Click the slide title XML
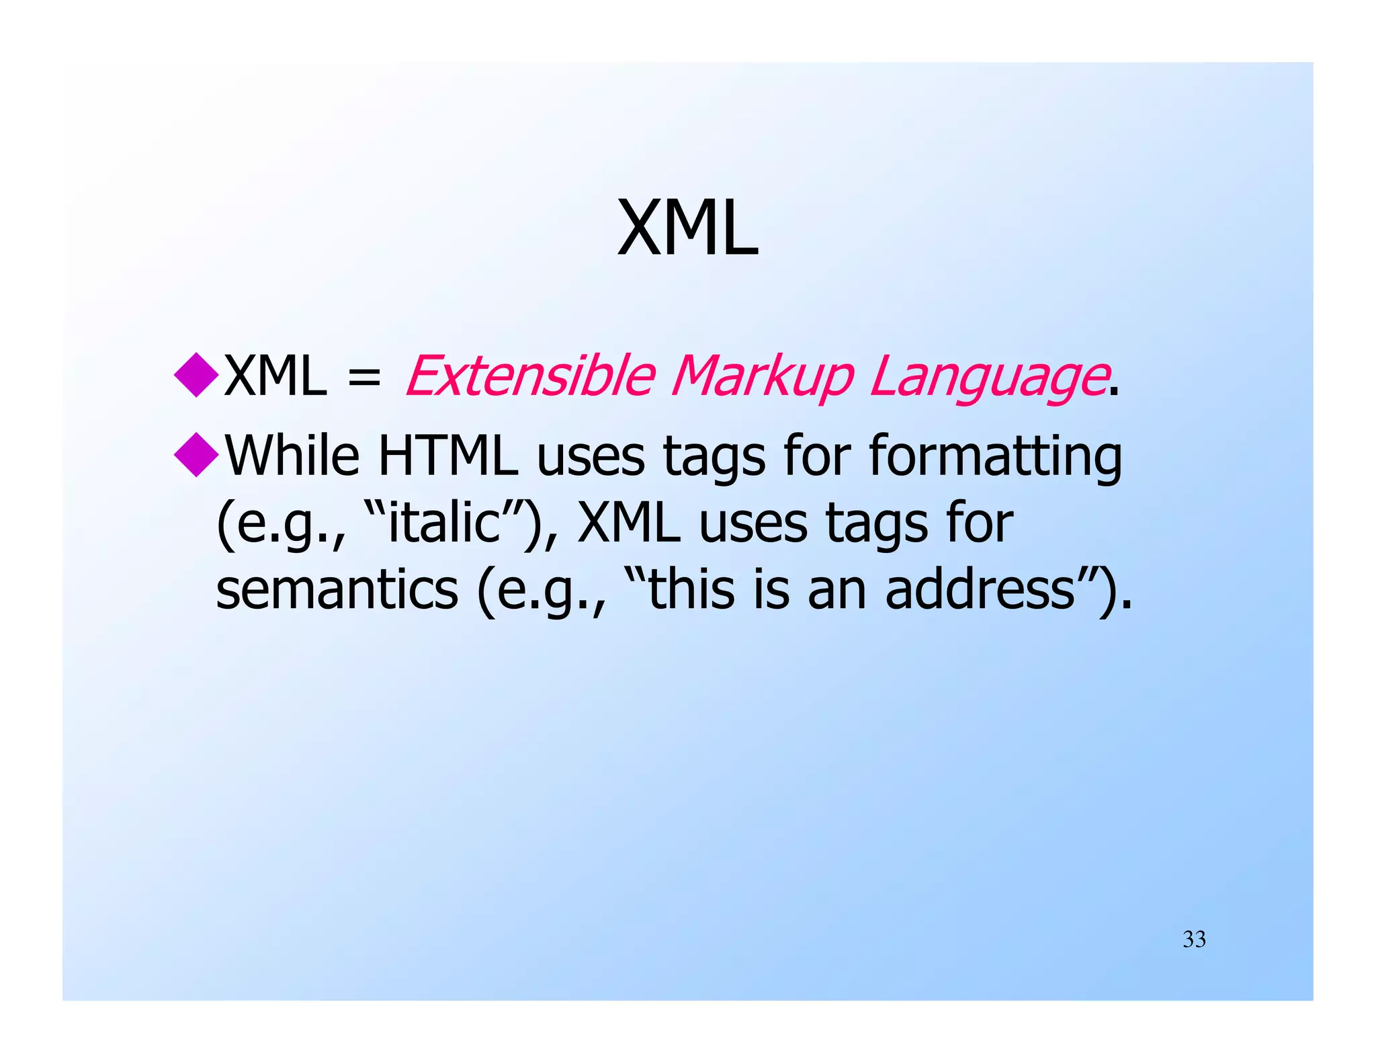687,228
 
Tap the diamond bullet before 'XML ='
196,375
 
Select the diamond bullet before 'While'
196,455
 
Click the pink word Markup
762,376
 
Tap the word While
292,455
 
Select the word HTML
448,455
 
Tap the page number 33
1194,939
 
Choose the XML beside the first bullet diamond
275,376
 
